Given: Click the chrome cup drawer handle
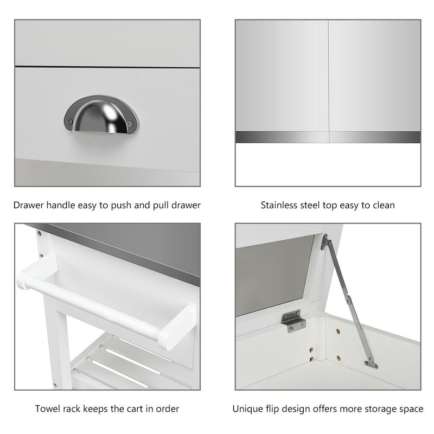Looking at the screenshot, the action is pyautogui.click(x=101, y=114).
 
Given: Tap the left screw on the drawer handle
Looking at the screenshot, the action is pyautogui.click(x=71, y=121).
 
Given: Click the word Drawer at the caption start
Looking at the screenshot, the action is pyautogui.click(x=29, y=205).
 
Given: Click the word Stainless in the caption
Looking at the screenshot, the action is pyautogui.click(x=279, y=205).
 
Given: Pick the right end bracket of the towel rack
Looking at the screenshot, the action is pyautogui.click(x=177, y=327).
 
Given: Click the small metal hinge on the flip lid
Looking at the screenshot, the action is pyautogui.click(x=293, y=321).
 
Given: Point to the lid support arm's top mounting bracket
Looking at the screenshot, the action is pyautogui.click(x=324, y=242).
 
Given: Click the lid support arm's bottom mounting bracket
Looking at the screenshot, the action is pyautogui.click(x=371, y=363).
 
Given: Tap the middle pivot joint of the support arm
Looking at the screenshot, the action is pyautogui.click(x=349, y=300).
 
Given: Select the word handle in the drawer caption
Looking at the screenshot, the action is pyautogui.click(x=61, y=205).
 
